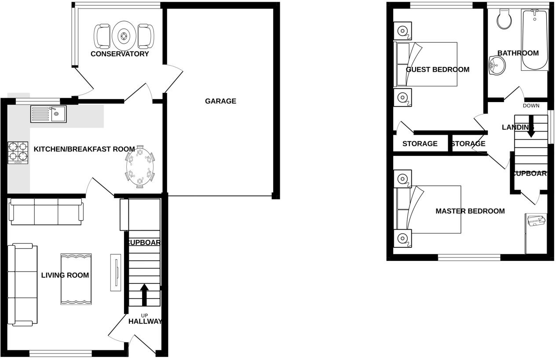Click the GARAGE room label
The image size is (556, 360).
tap(220, 101)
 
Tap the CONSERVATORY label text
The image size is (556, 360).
tap(120, 54)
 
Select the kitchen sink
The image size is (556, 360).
tap(48, 114)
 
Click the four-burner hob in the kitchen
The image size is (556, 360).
tap(18, 153)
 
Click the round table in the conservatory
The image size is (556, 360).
tap(124, 36)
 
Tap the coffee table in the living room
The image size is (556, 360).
tap(76, 279)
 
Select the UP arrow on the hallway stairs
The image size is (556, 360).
tap(144, 294)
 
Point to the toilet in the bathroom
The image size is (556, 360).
tap(503, 19)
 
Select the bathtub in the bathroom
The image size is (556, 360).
tap(534, 40)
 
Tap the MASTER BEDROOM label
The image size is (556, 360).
tap(470, 211)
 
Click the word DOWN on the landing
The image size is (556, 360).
tap(531, 106)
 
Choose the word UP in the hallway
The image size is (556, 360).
tap(145, 315)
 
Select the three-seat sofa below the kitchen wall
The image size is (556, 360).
tap(46, 212)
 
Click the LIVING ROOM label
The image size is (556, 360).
tap(65, 276)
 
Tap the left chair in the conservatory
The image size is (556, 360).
tap(102, 36)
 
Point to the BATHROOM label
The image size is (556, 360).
tap(518, 53)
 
